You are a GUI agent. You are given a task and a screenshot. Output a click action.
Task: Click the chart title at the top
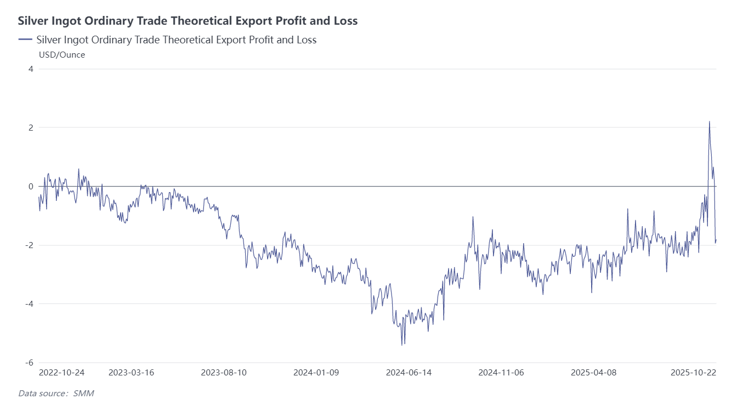(188, 21)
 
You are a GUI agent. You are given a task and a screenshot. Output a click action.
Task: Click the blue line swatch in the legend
(25, 40)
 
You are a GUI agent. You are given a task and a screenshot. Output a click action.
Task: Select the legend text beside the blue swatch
(176, 40)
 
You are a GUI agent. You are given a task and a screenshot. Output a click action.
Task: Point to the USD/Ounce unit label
(62, 55)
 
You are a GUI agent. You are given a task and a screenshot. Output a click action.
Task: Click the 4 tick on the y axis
(31, 69)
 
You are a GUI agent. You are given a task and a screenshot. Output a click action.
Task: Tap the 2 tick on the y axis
(31, 128)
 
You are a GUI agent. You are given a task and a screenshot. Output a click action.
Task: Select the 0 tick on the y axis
(31, 187)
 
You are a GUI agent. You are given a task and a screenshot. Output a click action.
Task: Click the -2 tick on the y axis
(29, 245)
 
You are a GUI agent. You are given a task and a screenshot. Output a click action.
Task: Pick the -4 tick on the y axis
(29, 304)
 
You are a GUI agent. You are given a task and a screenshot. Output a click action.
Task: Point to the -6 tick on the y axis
(29, 363)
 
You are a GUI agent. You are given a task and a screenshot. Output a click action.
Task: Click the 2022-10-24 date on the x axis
(61, 373)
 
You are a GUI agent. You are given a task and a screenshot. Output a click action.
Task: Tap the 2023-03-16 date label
(131, 373)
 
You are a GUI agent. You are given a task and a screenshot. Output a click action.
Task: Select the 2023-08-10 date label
(224, 373)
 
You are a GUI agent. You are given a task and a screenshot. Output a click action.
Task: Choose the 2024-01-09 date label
(316, 373)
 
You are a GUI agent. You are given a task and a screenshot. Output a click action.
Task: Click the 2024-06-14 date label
(409, 373)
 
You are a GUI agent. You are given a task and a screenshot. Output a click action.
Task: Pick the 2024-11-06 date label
(501, 373)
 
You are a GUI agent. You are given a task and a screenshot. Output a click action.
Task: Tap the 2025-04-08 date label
(593, 373)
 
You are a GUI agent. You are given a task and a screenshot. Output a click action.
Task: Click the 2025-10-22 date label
(694, 373)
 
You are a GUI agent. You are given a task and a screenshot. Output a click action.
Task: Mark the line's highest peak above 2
(709, 122)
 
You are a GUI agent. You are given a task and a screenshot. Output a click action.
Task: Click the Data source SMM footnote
(52, 393)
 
